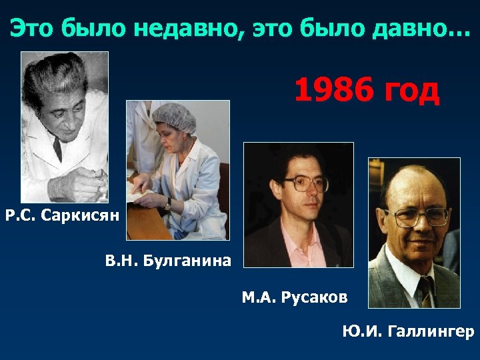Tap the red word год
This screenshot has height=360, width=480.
tap(411, 91)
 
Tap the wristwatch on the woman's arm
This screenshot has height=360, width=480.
tap(168, 203)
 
